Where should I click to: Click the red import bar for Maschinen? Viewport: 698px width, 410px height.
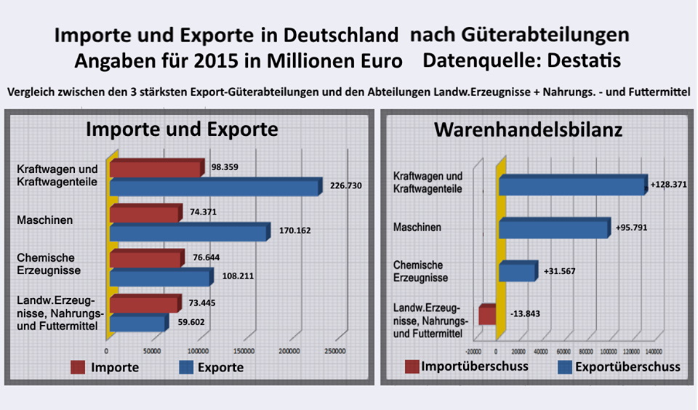click(145, 214)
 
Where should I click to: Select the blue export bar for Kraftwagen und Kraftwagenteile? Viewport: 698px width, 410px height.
click(214, 188)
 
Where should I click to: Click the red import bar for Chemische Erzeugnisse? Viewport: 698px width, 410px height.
click(148, 259)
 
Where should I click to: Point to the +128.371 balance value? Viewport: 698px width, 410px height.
click(668, 185)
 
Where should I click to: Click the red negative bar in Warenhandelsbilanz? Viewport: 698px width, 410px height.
click(487, 315)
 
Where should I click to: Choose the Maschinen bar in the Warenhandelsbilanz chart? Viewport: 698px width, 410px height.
click(553, 230)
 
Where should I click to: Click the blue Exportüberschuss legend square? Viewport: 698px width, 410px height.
click(564, 366)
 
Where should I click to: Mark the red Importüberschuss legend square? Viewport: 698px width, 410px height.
click(412, 366)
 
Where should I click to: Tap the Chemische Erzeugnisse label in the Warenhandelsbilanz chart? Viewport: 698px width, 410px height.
click(421, 271)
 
